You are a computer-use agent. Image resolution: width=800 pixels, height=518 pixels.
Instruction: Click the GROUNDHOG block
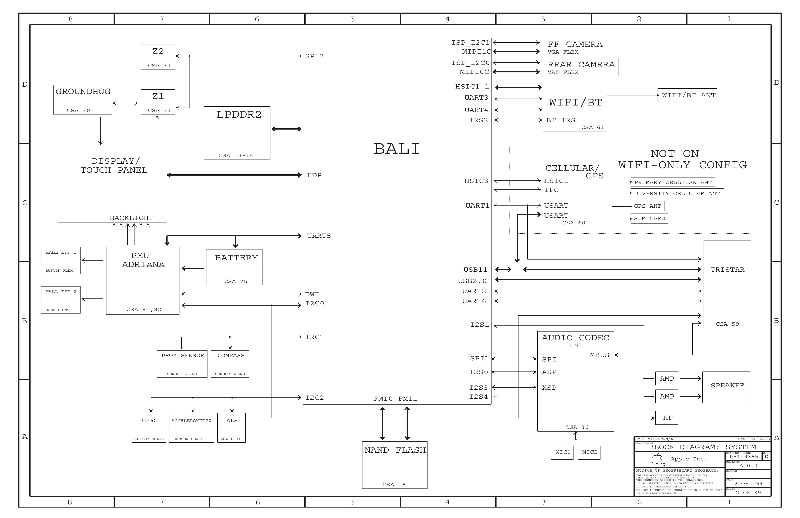(x=82, y=100)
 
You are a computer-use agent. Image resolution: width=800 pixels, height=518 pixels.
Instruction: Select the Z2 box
(x=158, y=57)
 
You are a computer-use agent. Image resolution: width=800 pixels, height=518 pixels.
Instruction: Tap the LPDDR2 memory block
(x=237, y=133)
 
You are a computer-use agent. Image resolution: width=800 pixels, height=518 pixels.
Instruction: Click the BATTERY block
(x=234, y=267)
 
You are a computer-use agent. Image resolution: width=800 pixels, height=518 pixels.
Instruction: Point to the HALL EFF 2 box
(x=60, y=300)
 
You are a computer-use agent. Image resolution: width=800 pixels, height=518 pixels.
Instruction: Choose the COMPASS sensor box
(x=230, y=364)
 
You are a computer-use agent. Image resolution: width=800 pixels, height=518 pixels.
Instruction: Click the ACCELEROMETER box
(x=191, y=428)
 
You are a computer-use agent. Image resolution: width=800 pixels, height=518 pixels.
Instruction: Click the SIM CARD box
(x=649, y=218)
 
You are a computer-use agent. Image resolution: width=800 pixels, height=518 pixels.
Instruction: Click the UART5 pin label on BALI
(x=319, y=236)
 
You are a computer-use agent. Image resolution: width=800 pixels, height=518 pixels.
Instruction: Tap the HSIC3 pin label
(x=476, y=181)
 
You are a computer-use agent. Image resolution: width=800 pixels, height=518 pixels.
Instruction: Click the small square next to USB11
(x=517, y=269)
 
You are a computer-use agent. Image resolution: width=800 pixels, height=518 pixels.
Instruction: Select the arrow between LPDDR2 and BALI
(x=286, y=129)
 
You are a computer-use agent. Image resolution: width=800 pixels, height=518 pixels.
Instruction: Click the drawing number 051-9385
(x=744, y=457)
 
